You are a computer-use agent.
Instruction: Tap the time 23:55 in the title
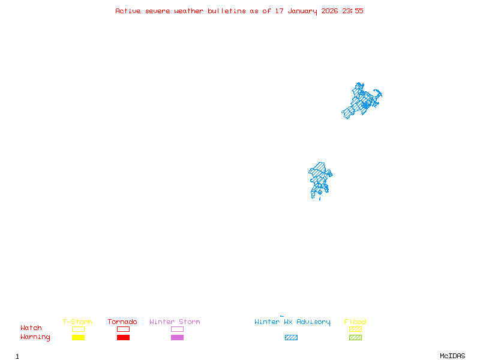[x=353, y=11]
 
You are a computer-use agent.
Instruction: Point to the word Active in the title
[x=128, y=11]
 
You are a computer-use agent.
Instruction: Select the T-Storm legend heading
[x=77, y=322]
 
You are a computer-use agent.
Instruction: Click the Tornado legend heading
[x=122, y=322]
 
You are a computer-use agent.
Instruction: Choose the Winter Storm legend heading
[x=175, y=322]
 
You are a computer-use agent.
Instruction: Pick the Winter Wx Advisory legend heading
[x=292, y=322]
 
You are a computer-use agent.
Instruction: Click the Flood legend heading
[x=355, y=322]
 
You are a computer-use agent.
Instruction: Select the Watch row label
[x=31, y=328]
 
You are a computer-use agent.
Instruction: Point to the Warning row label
[x=35, y=337]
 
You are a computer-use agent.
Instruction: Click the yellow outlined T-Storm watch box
[x=78, y=329]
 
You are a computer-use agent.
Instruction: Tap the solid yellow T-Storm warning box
[x=78, y=338]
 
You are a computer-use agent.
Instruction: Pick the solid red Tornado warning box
[x=123, y=338]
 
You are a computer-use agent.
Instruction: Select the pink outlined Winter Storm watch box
[x=177, y=329]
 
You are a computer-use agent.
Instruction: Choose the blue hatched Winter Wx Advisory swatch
[x=291, y=338]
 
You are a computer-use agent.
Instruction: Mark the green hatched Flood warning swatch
[x=355, y=338]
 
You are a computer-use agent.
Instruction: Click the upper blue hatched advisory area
[x=361, y=101]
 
